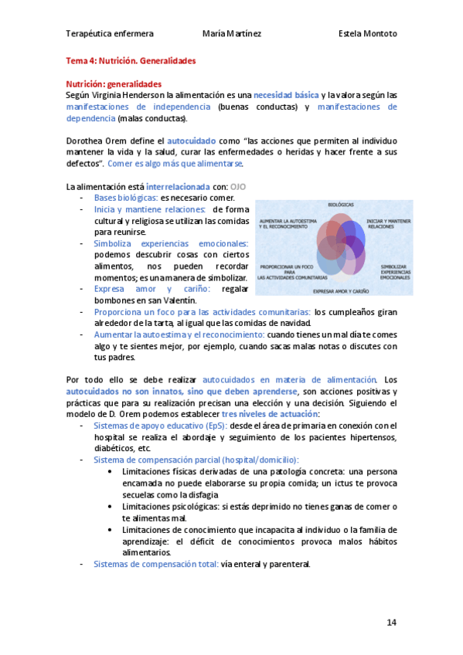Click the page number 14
[391, 622]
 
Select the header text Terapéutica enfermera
[109, 34]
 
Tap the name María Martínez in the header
[231, 34]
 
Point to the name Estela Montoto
[368, 34]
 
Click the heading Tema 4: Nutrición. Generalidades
[131, 60]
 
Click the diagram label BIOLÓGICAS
[341, 205]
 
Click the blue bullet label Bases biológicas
[126, 199]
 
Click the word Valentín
[179, 300]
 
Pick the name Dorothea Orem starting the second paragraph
[97, 141]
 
